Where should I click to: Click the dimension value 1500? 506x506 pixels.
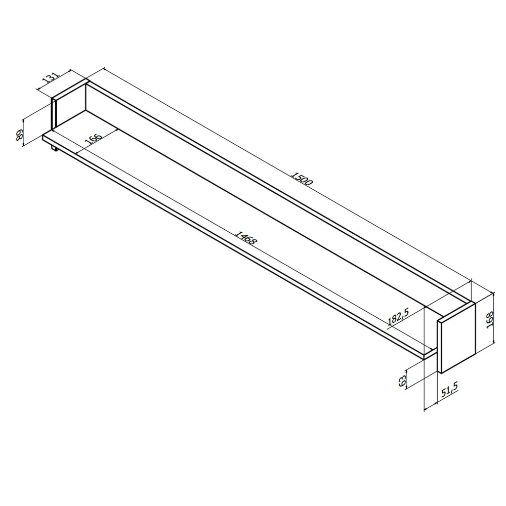pos(303,180)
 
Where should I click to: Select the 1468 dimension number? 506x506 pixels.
pos(246,238)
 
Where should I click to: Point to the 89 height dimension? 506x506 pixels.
pos(20,135)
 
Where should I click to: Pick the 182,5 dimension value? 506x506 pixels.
pos(398,318)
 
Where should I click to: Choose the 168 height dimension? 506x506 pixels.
pos(489,320)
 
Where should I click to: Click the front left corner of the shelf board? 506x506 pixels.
pos(44,136)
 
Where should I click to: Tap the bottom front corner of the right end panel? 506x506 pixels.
pos(441,373)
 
